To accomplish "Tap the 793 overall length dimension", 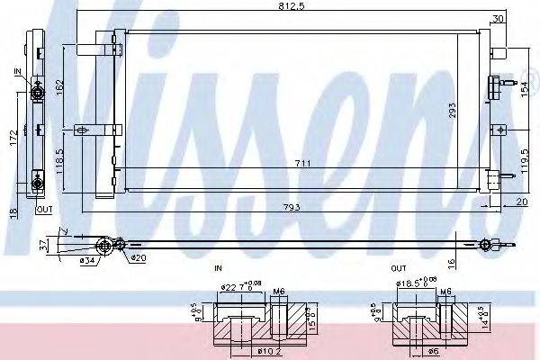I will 290,209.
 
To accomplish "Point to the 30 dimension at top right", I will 498,19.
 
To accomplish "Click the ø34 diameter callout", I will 87,261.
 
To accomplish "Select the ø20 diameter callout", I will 137,258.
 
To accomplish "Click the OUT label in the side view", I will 44,209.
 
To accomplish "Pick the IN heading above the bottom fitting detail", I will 217,269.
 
